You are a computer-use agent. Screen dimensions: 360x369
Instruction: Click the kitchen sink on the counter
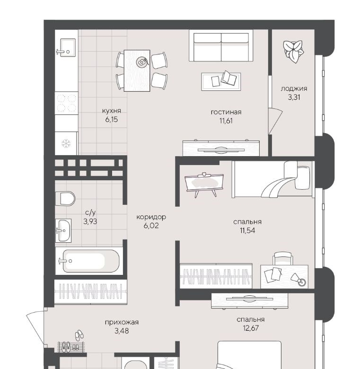coord(68,47)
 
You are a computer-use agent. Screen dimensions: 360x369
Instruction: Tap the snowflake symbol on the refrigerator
coord(66,143)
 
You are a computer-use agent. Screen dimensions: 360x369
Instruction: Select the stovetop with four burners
coord(67,103)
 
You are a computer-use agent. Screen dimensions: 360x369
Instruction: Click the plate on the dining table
coord(142,62)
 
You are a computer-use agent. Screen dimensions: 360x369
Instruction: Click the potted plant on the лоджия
coord(293,51)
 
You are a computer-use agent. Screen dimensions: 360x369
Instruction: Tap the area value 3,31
coord(294,97)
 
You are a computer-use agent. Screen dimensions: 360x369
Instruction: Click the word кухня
coord(112,111)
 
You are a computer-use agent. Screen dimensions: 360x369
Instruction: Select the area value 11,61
coord(226,121)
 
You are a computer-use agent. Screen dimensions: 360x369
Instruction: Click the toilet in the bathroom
coord(65,198)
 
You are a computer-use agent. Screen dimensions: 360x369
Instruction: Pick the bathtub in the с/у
coord(91,261)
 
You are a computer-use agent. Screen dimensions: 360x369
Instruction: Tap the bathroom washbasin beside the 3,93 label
coord(63,230)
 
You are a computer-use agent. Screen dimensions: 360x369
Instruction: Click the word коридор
coord(151,217)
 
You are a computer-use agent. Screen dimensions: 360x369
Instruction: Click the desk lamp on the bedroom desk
coord(299,279)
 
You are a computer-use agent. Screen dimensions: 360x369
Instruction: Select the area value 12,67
coord(251,328)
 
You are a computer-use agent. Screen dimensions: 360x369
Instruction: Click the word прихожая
coord(122,322)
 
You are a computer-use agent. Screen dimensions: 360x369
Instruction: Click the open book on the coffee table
coord(229,78)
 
